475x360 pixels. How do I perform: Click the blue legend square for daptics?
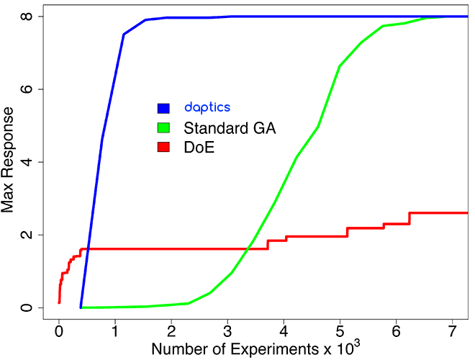[163, 108]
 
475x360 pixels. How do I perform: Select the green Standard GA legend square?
[163, 127]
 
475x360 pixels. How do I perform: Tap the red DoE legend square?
[163, 147]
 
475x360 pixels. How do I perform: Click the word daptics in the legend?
[207, 107]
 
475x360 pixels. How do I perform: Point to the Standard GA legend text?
[230, 128]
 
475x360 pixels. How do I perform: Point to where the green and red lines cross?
[248, 248]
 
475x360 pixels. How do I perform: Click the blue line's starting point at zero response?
[81, 307]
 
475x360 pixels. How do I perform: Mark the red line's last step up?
[410, 218]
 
